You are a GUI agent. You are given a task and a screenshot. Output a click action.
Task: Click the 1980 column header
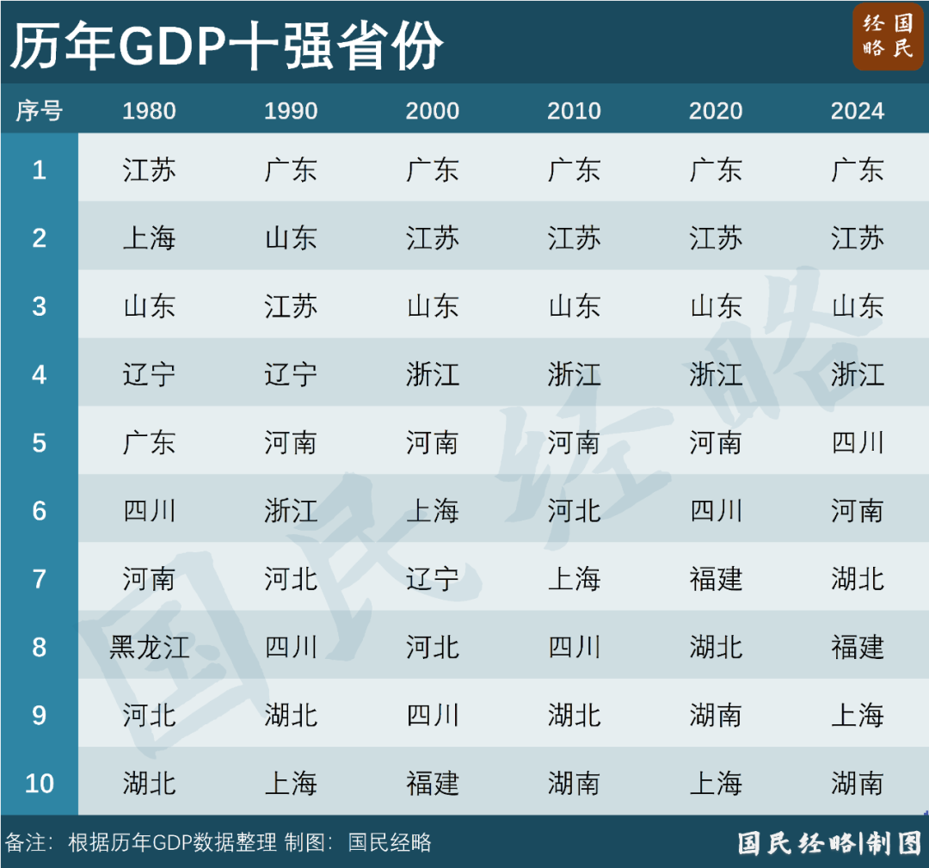click(x=149, y=111)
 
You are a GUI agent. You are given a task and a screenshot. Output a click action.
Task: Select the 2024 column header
click(x=857, y=111)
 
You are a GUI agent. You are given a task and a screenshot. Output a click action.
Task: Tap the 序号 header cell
click(x=39, y=111)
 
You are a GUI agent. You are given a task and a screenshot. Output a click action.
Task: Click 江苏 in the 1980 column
click(x=149, y=169)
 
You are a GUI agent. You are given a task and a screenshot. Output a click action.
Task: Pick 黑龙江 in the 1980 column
click(x=149, y=647)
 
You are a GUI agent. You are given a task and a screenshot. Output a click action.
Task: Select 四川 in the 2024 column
click(x=857, y=443)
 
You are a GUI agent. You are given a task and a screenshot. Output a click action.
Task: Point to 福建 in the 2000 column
click(x=432, y=784)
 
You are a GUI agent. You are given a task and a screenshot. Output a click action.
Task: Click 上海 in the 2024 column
click(x=857, y=715)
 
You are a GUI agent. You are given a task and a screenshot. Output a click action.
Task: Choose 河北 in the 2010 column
click(x=574, y=511)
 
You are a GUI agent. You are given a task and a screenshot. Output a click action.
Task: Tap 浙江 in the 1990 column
click(x=291, y=511)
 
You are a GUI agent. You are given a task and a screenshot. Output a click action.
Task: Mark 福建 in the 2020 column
click(x=716, y=579)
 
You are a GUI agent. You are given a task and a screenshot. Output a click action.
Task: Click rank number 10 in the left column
click(x=39, y=784)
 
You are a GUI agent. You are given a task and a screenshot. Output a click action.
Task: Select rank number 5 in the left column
click(x=39, y=443)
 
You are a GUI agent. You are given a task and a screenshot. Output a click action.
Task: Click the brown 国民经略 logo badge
click(x=887, y=36)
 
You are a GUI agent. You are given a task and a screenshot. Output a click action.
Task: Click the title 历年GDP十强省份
click(x=226, y=45)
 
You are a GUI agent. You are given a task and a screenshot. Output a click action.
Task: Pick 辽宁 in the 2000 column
click(x=432, y=579)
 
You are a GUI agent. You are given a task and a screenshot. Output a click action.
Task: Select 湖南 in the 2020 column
click(x=716, y=715)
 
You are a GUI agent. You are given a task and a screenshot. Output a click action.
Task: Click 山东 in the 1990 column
click(x=291, y=238)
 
